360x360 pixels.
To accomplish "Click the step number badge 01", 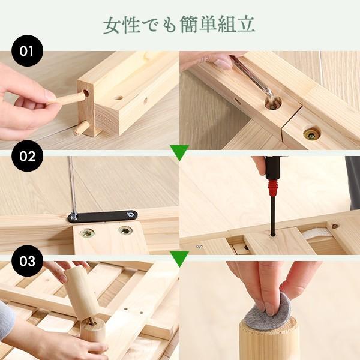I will coord(27,51).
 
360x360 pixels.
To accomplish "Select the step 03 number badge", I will coord(27,262).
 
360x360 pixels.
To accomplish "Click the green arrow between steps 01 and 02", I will coord(179,151).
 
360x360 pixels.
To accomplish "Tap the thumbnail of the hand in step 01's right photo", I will coord(223,62).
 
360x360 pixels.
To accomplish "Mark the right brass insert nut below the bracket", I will coord(125,230).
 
